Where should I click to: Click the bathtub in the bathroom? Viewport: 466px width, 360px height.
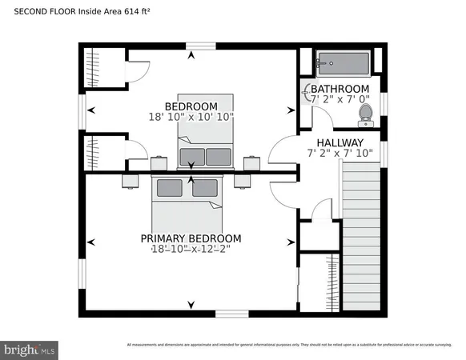342,62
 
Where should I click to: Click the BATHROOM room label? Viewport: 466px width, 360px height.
339,89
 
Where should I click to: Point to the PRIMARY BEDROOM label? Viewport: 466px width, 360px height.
191,238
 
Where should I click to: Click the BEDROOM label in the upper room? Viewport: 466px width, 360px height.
191,106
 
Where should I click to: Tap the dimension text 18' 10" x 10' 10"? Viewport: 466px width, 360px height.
191,117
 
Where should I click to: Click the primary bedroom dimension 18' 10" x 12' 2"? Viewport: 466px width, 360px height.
191,250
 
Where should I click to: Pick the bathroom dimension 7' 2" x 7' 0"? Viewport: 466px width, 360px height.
339,100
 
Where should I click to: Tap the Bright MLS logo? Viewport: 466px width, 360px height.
30,349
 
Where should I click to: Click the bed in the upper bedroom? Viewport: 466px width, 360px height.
206,132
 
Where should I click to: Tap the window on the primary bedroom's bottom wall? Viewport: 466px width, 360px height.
231,313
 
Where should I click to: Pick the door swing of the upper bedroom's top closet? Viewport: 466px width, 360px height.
138,68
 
